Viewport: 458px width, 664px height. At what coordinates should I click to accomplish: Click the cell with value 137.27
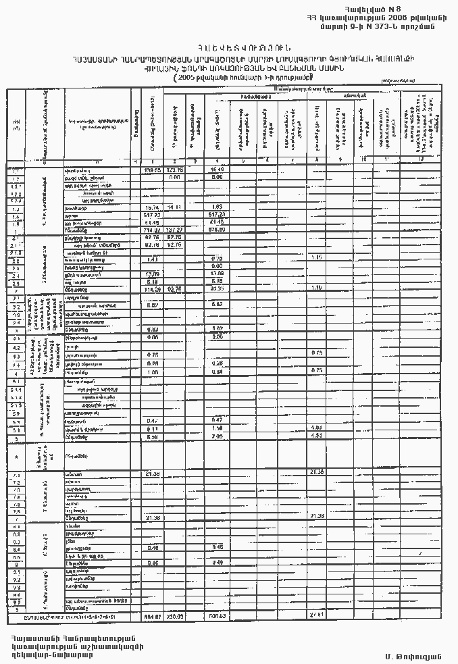[175, 230]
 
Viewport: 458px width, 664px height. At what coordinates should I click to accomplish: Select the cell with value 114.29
[152, 289]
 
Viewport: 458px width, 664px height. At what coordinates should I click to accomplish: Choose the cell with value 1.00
[152, 372]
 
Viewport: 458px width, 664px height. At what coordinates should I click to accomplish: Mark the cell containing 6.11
[152, 428]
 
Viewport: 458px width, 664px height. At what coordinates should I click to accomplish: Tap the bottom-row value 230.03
[175, 617]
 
